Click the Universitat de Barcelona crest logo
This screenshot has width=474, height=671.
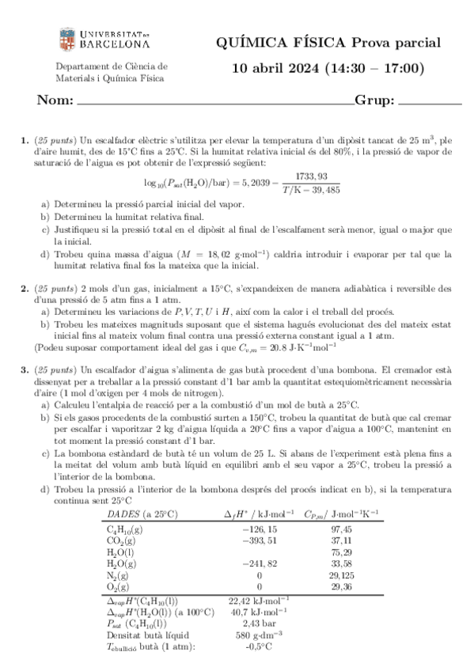click(66, 39)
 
